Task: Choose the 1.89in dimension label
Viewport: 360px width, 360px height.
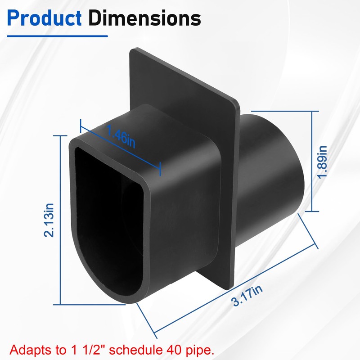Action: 321,162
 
